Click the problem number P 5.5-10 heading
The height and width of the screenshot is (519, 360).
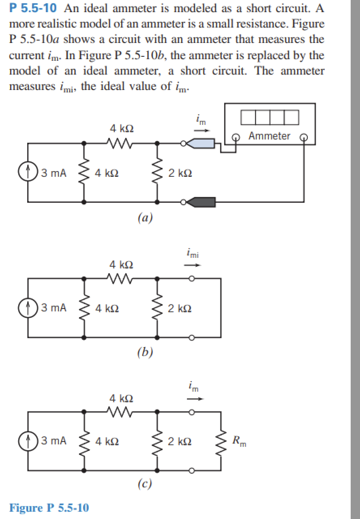point(32,8)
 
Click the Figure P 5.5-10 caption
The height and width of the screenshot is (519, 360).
point(49,508)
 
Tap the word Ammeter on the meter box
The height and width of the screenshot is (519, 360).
point(270,136)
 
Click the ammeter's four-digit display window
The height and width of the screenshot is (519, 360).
point(270,117)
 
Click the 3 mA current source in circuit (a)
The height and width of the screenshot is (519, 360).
point(28,173)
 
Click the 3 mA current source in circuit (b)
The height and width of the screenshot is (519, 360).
point(28,308)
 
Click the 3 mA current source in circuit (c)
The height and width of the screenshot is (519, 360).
point(28,441)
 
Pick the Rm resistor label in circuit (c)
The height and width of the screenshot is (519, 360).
point(239,441)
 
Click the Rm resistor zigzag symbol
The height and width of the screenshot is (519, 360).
point(221,441)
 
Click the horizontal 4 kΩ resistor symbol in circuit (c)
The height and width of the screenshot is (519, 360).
point(120,412)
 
